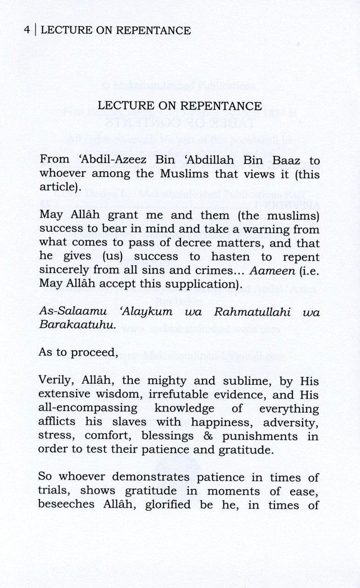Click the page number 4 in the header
click(x=27, y=30)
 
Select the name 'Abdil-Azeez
click(x=119, y=159)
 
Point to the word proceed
click(x=94, y=353)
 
